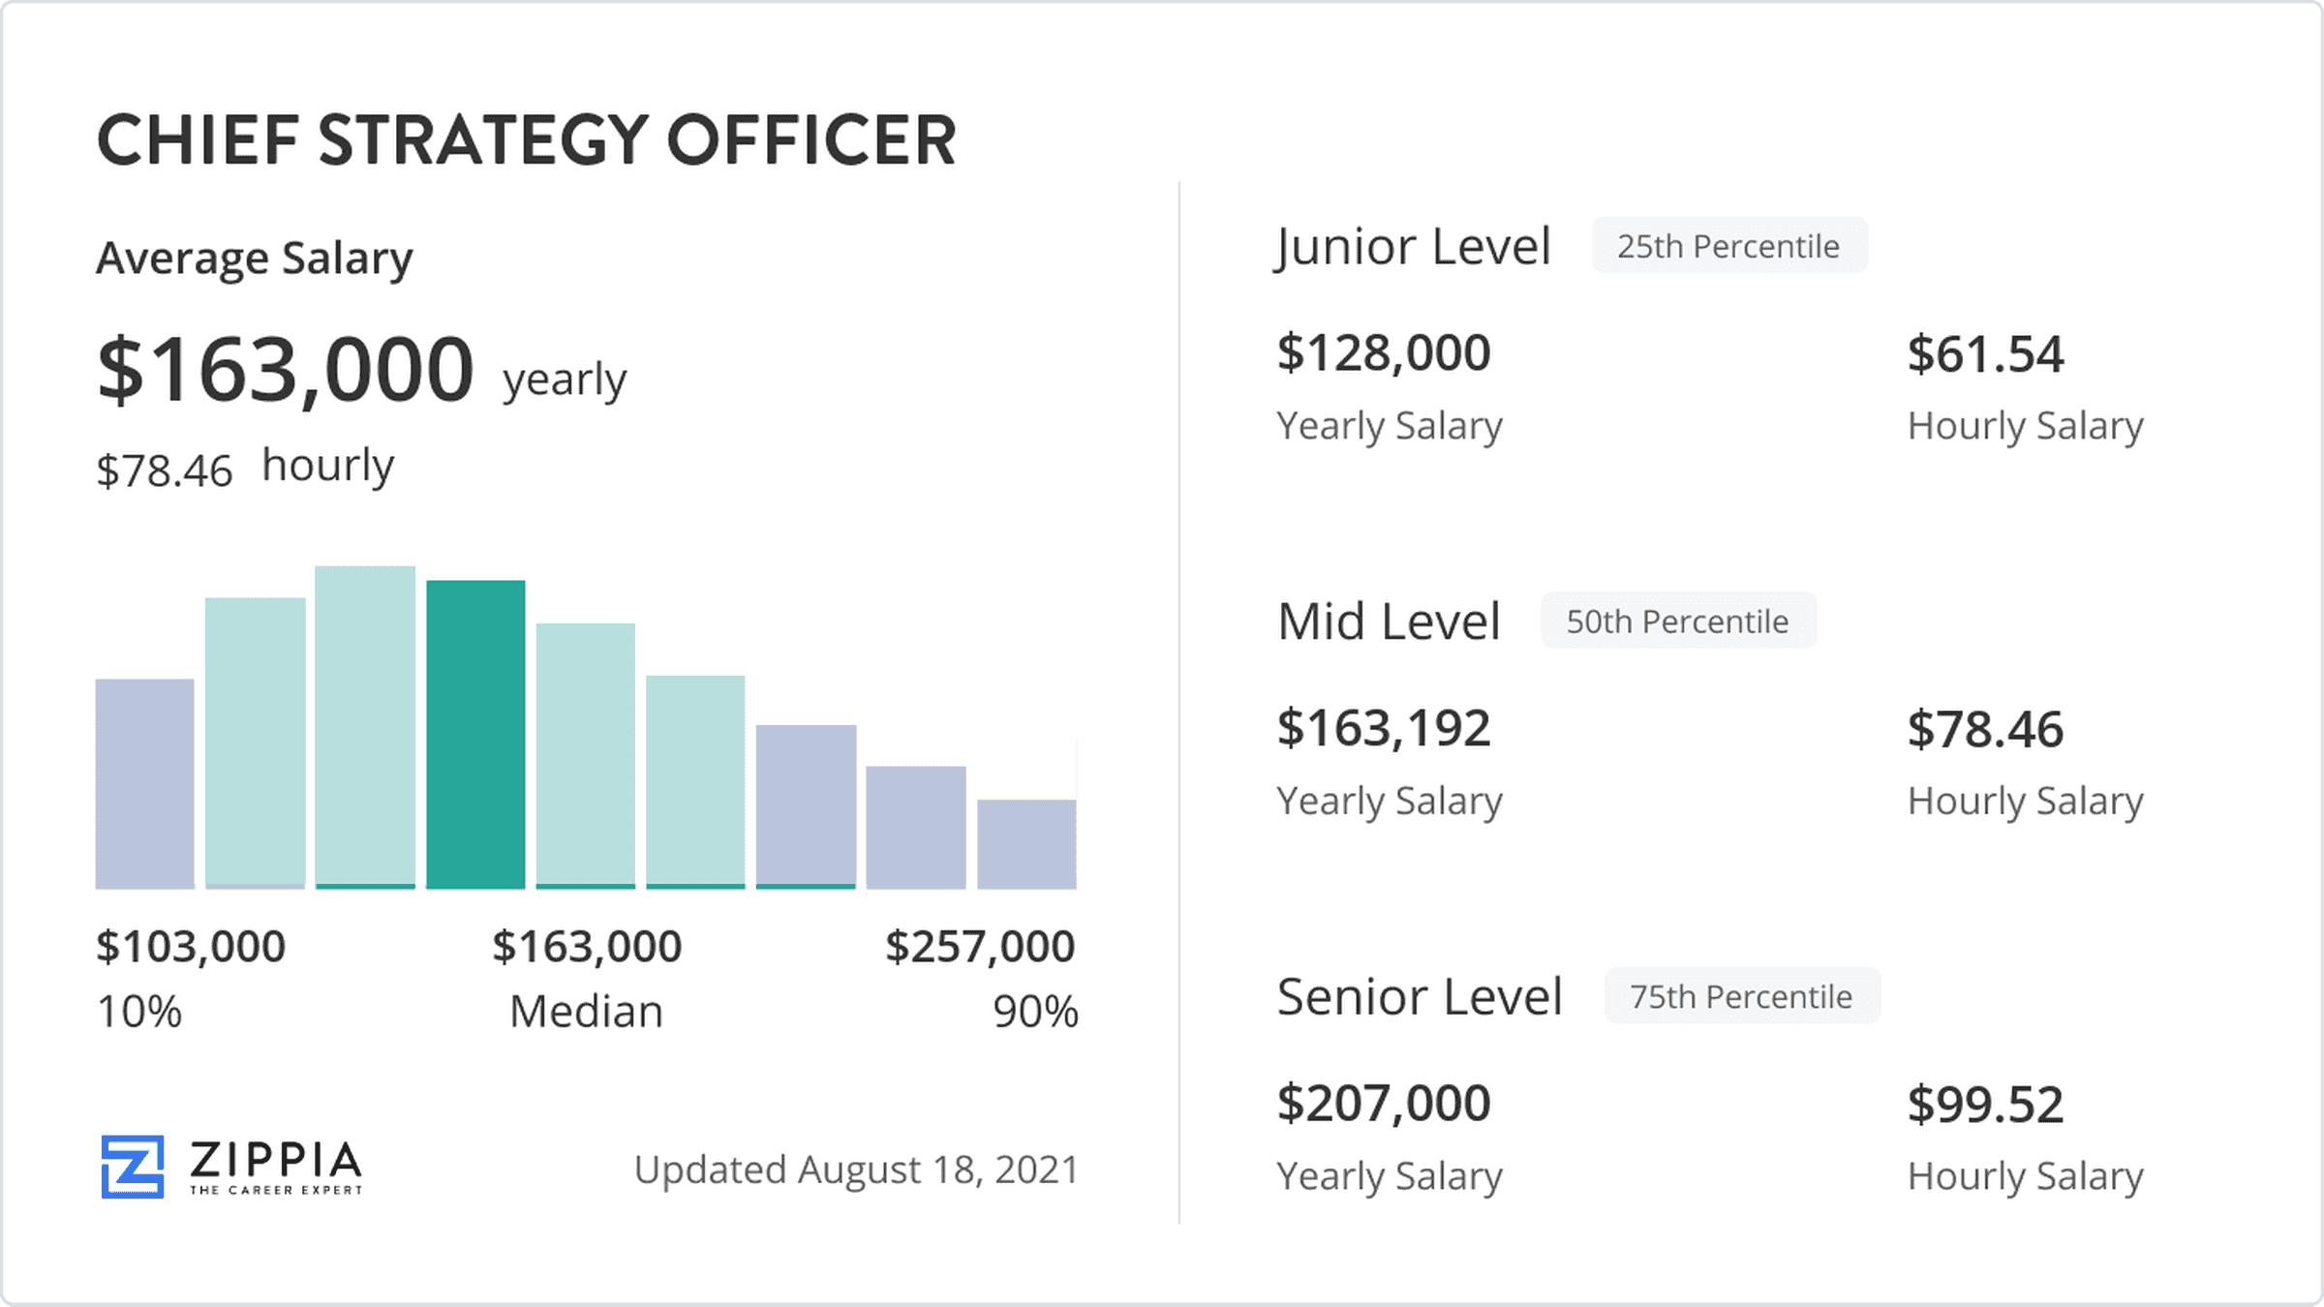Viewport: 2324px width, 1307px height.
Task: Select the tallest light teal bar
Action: [365, 726]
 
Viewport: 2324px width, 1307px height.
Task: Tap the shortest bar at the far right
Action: [1026, 843]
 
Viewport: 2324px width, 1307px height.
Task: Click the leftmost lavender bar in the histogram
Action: [144, 783]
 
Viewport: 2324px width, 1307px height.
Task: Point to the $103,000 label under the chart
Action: [191, 946]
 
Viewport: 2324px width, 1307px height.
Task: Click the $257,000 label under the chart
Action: [980, 946]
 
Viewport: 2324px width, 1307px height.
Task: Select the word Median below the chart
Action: [586, 1012]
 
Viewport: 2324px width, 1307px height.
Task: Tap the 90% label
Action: [1035, 1012]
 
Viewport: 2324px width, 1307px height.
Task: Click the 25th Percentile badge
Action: [1728, 246]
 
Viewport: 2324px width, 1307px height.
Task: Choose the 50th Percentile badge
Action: [1678, 621]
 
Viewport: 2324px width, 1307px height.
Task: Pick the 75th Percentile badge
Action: [1741, 996]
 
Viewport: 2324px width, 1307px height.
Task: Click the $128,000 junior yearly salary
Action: [1384, 352]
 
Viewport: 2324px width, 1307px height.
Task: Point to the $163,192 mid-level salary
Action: [1384, 728]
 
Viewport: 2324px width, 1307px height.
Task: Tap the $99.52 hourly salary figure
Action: [1985, 1104]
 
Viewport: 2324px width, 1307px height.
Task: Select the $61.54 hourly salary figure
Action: [1985, 353]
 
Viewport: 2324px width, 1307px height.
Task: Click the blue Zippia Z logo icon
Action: [133, 1167]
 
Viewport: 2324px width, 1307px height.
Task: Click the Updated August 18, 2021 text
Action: [856, 1170]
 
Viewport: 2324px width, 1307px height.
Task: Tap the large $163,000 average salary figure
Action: [286, 370]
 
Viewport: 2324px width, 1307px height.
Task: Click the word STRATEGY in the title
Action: [482, 140]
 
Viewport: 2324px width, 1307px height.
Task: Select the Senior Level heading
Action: [1420, 996]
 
